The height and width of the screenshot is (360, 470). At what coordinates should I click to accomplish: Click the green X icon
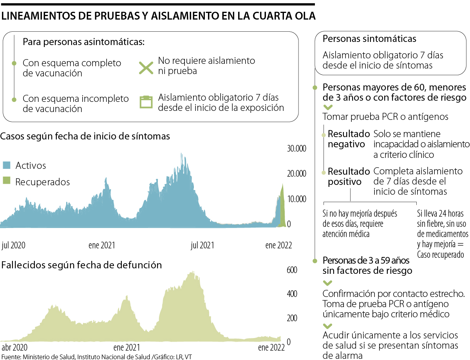click(146, 66)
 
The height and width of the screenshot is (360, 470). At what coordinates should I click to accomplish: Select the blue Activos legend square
click(6, 165)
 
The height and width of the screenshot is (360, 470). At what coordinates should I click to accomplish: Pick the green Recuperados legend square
click(6, 181)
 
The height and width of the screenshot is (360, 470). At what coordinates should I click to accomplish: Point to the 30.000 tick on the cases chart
click(296, 149)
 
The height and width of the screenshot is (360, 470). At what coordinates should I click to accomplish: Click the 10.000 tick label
click(296, 199)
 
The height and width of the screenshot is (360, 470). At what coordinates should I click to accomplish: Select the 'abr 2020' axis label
click(15, 347)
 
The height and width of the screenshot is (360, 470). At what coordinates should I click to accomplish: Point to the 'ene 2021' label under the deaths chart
click(126, 347)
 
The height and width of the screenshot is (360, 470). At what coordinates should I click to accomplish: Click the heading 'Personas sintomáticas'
click(369, 39)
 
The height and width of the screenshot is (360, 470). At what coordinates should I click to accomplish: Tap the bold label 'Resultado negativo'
click(348, 139)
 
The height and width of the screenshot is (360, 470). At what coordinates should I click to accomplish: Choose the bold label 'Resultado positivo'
click(348, 176)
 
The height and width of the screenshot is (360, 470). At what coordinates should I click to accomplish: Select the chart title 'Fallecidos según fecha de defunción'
click(81, 265)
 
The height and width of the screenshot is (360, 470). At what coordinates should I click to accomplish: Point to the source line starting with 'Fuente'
click(97, 357)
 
